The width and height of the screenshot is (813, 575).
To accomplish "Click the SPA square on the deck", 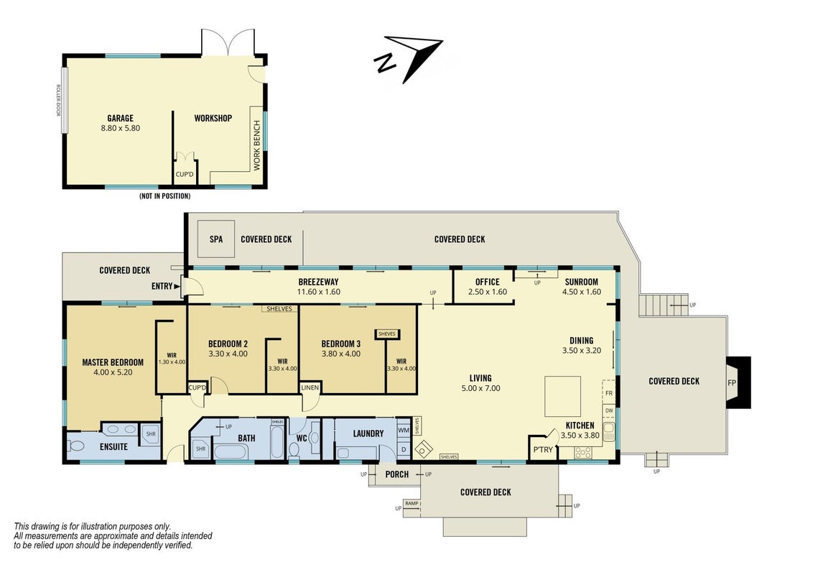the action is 216,239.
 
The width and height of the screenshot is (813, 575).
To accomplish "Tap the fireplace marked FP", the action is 738,382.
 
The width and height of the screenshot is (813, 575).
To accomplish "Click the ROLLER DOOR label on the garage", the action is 58,100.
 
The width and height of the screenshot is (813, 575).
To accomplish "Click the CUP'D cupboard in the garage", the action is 184,174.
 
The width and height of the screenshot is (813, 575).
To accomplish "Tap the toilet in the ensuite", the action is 75,446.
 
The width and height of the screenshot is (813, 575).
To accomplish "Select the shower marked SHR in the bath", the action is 200,449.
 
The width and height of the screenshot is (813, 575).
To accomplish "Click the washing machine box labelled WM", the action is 404,431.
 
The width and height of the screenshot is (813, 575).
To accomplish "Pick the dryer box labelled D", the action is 404,449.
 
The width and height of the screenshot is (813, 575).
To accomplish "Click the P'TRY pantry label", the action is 543,450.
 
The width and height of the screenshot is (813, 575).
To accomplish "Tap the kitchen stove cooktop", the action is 582,453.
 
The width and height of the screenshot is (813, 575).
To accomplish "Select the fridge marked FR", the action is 609,393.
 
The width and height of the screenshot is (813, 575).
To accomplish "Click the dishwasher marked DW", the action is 609,410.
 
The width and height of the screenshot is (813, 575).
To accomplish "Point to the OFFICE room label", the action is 488,282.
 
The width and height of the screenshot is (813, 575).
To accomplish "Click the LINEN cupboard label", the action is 310,387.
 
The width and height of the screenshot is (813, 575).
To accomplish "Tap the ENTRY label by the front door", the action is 162,286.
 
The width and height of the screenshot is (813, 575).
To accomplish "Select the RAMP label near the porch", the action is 412,503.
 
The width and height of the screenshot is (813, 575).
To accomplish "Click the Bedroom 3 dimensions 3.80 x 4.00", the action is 340,354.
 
